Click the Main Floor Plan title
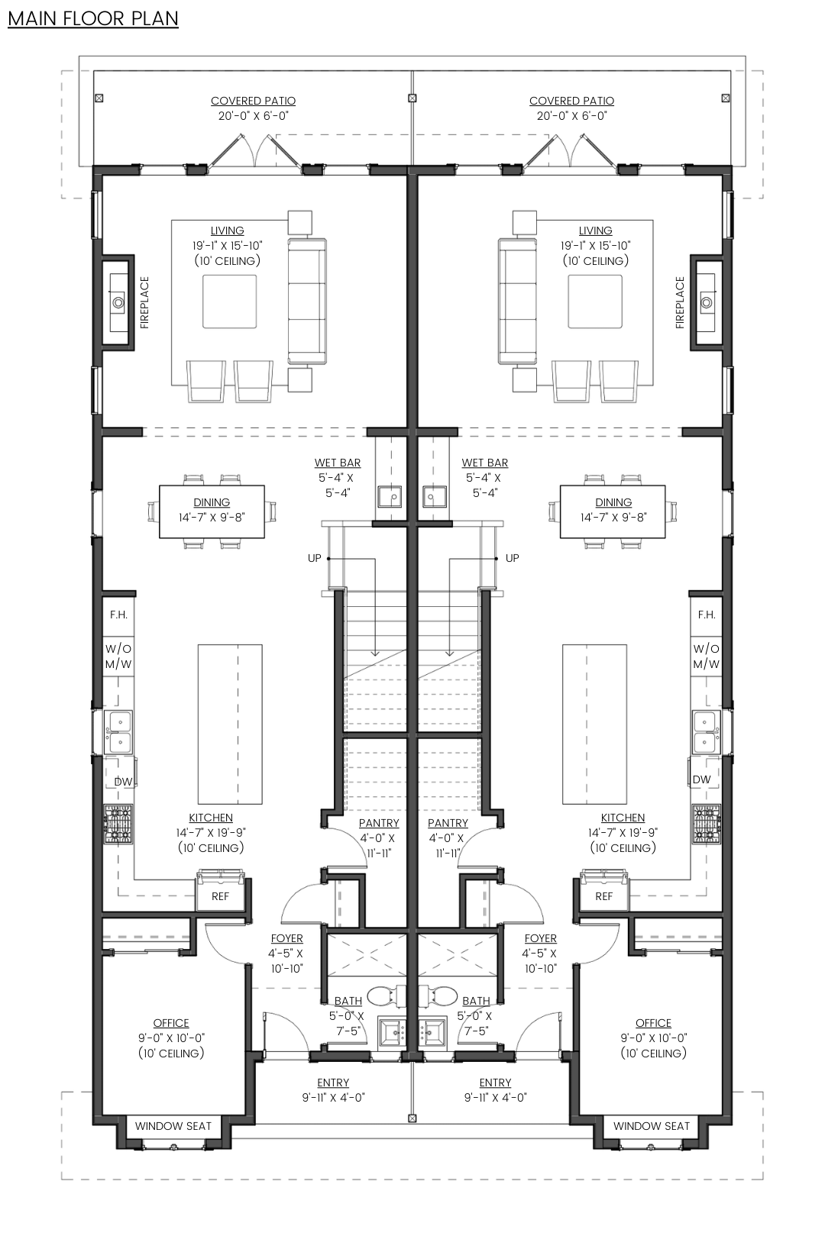tap(92, 19)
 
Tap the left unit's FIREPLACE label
tap(144, 302)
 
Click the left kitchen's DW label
tap(123, 781)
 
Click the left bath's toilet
tap(385, 996)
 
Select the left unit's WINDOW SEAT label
tap(173, 1126)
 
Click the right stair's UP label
tap(512, 558)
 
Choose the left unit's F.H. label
tap(118, 615)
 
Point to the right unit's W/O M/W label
tap(707, 656)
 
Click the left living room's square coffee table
tap(229, 302)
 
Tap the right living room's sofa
tap(517, 302)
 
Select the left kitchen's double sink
tap(119, 732)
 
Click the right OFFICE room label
tap(653, 1023)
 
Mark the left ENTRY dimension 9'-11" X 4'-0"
tap(333, 1098)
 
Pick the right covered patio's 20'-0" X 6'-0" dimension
tap(571, 116)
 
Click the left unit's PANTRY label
tap(379, 823)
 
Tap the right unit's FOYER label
tap(541, 938)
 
